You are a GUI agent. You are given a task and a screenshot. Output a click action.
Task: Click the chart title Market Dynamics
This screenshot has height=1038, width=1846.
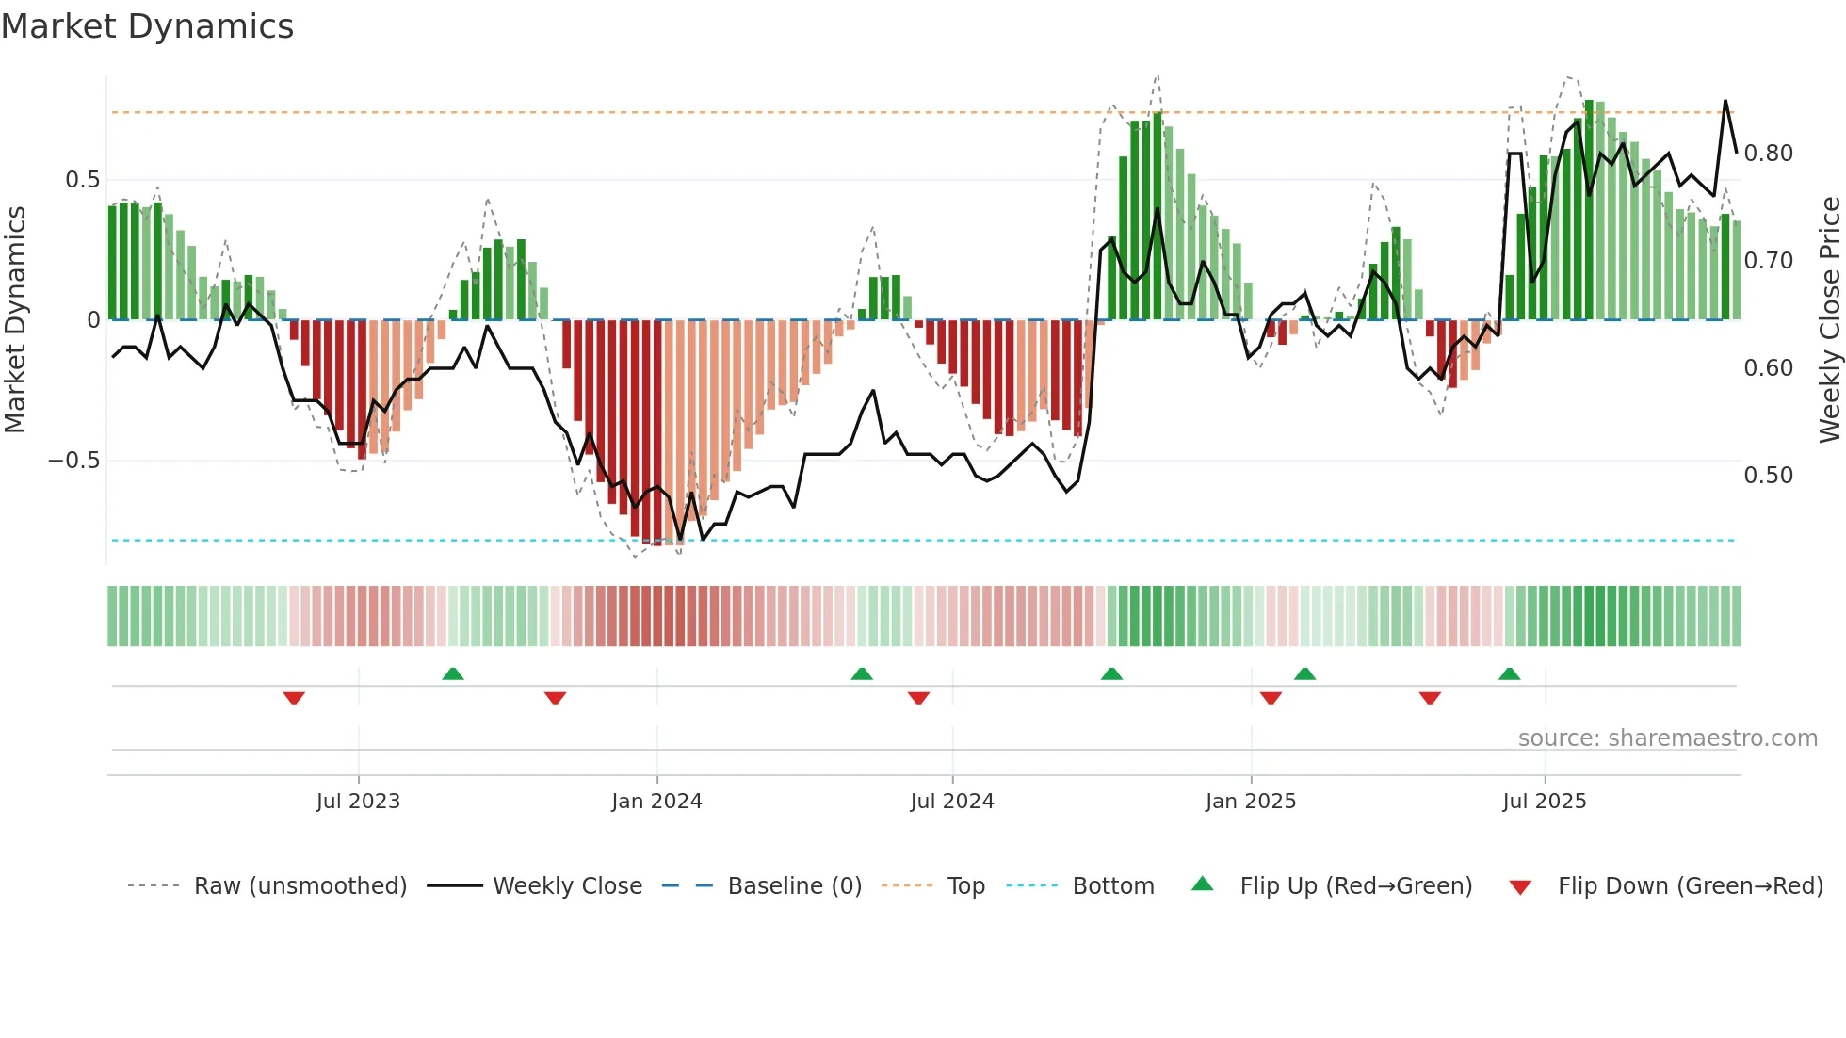(x=148, y=26)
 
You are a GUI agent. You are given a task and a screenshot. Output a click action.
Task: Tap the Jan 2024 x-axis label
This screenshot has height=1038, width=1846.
(x=656, y=802)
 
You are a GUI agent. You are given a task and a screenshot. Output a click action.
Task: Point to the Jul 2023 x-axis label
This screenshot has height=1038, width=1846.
(x=358, y=802)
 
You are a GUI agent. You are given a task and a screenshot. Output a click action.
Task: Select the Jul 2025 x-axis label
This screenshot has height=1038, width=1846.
(x=1544, y=802)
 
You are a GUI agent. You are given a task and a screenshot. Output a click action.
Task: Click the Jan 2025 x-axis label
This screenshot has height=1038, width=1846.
(x=1250, y=802)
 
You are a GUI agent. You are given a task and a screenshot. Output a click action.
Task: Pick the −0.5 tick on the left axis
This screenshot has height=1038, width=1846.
(x=73, y=461)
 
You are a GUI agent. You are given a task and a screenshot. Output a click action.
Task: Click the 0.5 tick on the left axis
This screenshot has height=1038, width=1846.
(x=82, y=180)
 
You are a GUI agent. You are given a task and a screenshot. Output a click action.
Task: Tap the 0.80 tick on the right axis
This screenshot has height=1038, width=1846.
(x=1768, y=154)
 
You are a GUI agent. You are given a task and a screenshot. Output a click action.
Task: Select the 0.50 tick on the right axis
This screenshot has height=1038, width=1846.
(x=1768, y=476)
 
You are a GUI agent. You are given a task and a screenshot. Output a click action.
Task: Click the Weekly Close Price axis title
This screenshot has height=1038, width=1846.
(x=1829, y=320)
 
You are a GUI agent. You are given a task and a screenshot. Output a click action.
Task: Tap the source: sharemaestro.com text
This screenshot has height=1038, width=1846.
(x=1667, y=738)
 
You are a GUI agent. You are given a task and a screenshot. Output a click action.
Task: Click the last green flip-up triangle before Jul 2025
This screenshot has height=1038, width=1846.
(x=1509, y=674)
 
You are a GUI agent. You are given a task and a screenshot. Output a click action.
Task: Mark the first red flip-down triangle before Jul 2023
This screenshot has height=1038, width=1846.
(x=294, y=698)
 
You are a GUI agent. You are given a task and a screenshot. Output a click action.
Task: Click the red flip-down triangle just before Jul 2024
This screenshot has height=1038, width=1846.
(x=918, y=698)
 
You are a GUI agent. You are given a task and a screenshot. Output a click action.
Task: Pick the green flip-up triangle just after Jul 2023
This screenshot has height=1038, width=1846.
(x=453, y=674)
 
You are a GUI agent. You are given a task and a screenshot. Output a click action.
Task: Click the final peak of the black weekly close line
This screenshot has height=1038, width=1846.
(x=1725, y=101)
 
